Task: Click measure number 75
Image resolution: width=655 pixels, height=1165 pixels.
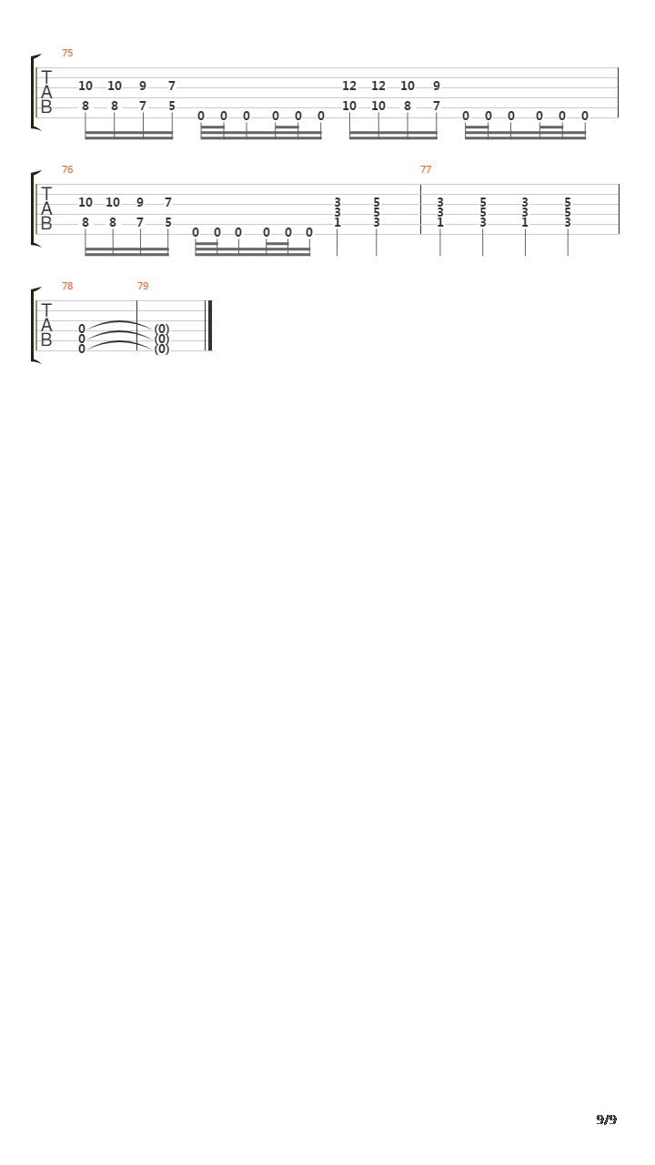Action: (67, 53)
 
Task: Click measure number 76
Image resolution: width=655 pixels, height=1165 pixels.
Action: (67, 169)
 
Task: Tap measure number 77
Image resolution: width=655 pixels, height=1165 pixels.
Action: (426, 169)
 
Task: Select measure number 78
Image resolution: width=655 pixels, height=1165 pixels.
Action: (67, 286)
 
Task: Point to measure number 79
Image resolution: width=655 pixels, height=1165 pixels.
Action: (143, 286)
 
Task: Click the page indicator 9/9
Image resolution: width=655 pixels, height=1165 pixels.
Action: (606, 1119)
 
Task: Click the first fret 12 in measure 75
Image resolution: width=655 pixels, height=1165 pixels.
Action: (349, 86)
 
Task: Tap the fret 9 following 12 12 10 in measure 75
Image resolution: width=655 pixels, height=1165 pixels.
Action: (437, 86)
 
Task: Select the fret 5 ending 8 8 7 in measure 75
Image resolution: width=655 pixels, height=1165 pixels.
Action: (172, 106)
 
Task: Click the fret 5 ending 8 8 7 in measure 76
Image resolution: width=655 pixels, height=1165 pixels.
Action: (168, 223)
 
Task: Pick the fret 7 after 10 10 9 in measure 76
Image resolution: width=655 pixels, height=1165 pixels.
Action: (168, 202)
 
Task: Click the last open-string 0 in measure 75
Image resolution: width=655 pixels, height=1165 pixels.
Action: (585, 116)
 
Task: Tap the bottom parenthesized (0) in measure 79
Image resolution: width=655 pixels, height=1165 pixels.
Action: (162, 349)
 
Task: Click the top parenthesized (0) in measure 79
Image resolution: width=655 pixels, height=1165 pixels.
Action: (162, 329)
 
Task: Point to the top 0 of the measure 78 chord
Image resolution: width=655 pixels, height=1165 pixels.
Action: (82, 329)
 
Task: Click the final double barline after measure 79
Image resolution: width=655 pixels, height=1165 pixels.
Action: (209, 326)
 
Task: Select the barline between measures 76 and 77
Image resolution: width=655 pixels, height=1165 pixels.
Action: (420, 209)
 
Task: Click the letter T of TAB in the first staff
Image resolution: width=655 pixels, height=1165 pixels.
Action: (46, 77)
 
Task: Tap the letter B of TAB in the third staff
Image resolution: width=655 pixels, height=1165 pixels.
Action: (46, 339)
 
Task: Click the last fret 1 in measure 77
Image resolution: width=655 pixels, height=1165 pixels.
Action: (525, 223)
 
